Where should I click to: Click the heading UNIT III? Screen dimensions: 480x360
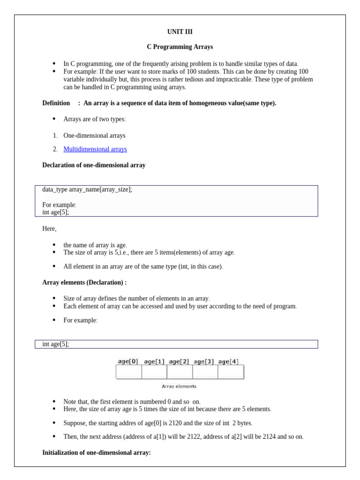pyautogui.click(x=180, y=32)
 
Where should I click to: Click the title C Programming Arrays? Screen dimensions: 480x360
pyautogui.click(x=180, y=47)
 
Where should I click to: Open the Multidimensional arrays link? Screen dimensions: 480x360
pyautogui.click(x=95, y=149)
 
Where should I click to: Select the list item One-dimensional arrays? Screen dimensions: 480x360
pyautogui.click(x=94, y=135)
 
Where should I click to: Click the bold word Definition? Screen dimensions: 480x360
pyautogui.click(x=56, y=103)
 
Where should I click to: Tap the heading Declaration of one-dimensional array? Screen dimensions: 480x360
pyautogui.click(x=94, y=165)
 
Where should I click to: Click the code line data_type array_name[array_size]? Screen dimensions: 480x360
pyautogui.click(x=87, y=189)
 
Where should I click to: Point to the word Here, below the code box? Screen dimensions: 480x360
pyautogui.click(x=49, y=229)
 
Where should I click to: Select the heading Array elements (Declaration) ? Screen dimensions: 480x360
pyautogui.click(x=84, y=283)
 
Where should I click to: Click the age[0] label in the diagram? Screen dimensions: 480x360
pyautogui.click(x=128, y=361)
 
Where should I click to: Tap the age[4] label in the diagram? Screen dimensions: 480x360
pyautogui.click(x=228, y=361)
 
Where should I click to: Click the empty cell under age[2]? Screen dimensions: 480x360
pyautogui.click(x=180, y=372)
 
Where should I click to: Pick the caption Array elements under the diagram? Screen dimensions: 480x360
pyautogui.click(x=179, y=386)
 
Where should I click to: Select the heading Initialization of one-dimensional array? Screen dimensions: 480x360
pyautogui.click(x=97, y=453)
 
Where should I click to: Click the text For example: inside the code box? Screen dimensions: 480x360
pyautogui.click(x=59, y=205)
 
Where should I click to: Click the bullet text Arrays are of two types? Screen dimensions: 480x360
pyautogui.click(x=95, y=119)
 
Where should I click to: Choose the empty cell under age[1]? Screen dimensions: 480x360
pyautogui.click(x=154, y=372)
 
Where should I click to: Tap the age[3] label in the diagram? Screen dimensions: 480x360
pyautogui.click(x=204, y=361)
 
